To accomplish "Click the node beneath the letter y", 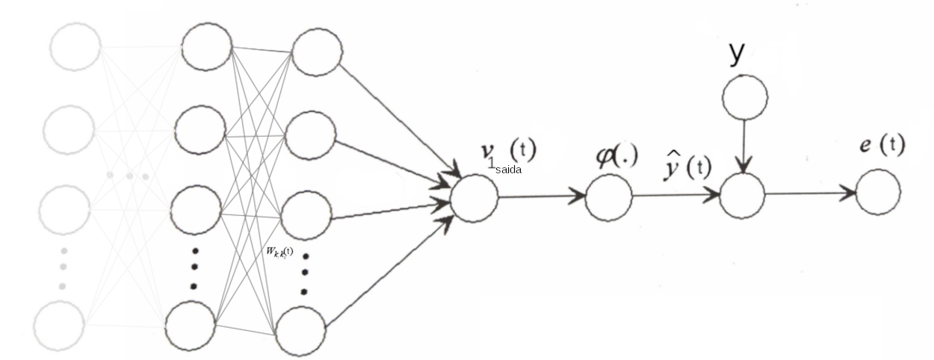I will click(x=744, y=97).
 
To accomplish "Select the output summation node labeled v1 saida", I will click(x=474, y=198).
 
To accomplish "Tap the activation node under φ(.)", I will click(x=609, y=198).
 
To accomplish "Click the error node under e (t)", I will click(x=878, y=192).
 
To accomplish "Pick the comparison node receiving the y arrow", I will click(x=742, y=195).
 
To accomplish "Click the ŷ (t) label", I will click(x=685, y=166).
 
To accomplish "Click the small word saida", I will click(x=507, y=170).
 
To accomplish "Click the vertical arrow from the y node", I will click(x=743, y=146).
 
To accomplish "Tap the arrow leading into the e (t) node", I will click(x=810, y=193).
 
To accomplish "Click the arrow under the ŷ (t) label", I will click(x=675, y=196).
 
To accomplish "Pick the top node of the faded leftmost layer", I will click(x=75, y=47).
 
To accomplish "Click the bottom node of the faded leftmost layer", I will click(x=59, y=325).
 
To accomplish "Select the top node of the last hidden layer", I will click(x=317, y=52).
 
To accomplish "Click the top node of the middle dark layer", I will click(x=207, y=49).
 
